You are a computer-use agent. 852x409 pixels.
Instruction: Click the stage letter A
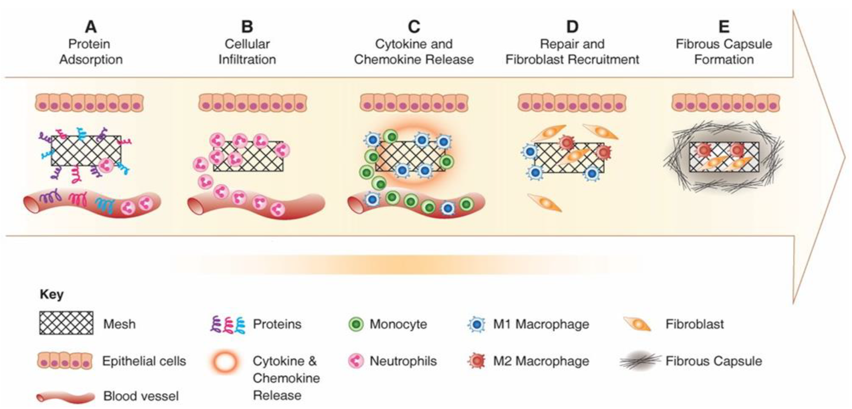pyautogui.click(x=91, y=27)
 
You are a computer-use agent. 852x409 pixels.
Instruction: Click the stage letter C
pyautogui.click(x=414, y=27)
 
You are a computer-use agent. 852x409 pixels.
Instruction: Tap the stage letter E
pyautogui.click(x=724, y=27)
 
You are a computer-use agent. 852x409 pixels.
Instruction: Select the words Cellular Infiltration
pyautogui.click(x=247, y=52)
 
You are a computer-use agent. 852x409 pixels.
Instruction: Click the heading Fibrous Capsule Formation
pyautogui.click(x=724, y=52)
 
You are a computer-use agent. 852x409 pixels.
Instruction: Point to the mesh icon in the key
pyautogui.click(x=66, y=323)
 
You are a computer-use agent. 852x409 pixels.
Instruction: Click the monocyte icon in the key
pyautogui.click(x=356, y=324)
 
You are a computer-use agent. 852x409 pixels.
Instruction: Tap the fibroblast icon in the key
pyautogui.click(x=637, y=324)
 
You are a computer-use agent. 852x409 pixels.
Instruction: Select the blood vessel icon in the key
pyautogui.click(x=66, y=397)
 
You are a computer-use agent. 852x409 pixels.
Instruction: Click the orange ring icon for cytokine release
pyautogui.click(x=225, y=361)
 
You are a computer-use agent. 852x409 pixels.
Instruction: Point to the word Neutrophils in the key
pyautogui.click(x=403, y=361)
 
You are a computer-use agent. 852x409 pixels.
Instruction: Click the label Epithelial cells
pyautogui.click(x=144, y=361)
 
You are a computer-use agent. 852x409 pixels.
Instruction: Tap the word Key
pyautogui.click(x=52, y=294)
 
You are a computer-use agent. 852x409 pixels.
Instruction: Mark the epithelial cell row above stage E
pyautogui.click(x=726, y=103)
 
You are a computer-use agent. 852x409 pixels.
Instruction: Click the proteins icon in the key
pyautogui.click(x=228, y=324)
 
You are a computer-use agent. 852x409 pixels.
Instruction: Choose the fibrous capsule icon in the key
pyautogui.click(x=640, y=361)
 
